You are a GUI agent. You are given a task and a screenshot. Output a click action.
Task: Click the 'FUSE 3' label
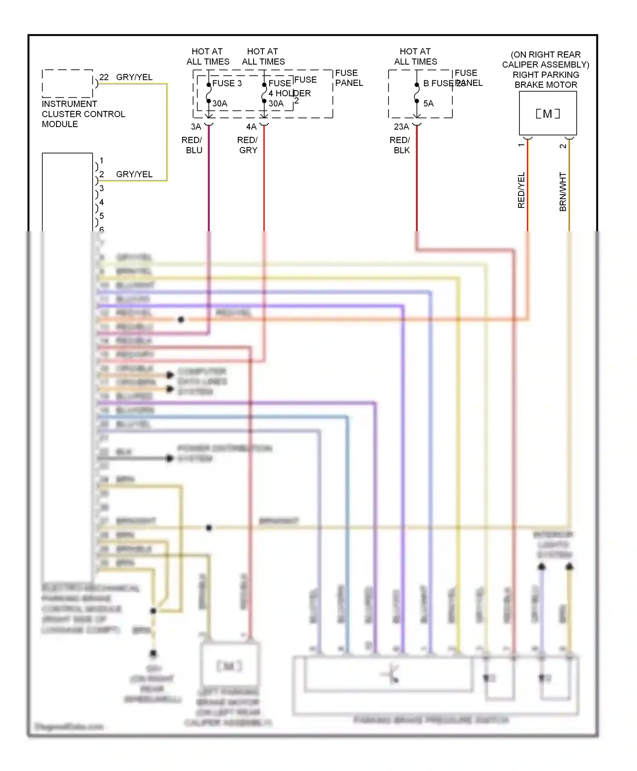tap(227, 83)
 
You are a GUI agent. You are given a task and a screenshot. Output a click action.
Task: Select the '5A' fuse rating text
tap(428, 103)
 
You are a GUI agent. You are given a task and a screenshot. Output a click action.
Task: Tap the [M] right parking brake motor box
tap(548, 113)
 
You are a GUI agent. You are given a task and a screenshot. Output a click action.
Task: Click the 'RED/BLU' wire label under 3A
tap(192, 145)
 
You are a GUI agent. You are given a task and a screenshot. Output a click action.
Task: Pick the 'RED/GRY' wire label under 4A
tap(248, 145)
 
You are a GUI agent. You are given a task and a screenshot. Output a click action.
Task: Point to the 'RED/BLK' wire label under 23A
tap(400, 145)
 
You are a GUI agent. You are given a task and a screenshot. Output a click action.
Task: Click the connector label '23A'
tap(401, 127)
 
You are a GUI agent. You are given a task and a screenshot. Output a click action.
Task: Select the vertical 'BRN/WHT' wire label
tap(563, 192)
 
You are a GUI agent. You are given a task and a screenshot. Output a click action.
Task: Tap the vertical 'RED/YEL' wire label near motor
tap(521, 190)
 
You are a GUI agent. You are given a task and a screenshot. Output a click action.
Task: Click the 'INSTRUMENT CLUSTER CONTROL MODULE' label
tap(83, 114)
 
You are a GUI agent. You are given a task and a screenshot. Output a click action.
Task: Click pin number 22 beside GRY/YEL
tap(104, 77)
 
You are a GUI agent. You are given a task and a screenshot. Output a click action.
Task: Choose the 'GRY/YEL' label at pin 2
tap(134, 174)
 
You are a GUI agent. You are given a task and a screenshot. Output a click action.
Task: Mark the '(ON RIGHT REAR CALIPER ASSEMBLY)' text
tap(546, 60)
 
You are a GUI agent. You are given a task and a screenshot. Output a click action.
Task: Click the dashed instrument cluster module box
tap(68, 84)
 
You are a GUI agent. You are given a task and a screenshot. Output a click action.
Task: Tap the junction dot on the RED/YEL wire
tap(181, 319)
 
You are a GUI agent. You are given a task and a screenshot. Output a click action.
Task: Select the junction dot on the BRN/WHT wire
tap(209, 528)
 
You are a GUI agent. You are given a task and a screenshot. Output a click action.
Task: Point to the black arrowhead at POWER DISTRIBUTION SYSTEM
tap(170, 458)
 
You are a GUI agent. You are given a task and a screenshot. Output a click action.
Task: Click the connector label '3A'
tap(196, 127)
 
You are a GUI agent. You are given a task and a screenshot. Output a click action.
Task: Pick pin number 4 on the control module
tap(101, 202)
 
